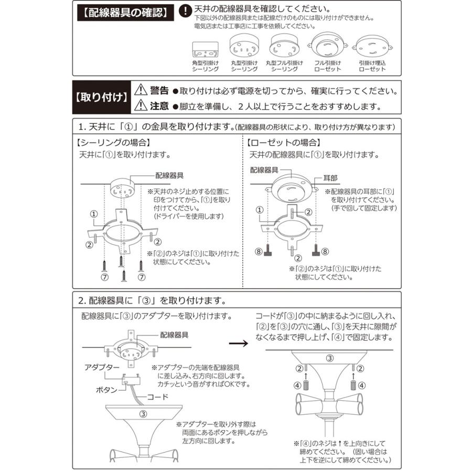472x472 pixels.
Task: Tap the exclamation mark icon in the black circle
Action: [x=185, y=11]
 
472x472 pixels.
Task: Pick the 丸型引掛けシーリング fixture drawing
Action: [x=243, y=48]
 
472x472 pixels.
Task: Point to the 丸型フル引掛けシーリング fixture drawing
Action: [x=284, y=47]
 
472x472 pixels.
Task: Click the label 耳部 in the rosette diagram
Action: [x=331, y=178]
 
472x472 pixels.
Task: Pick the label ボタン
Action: [x=106, y=390]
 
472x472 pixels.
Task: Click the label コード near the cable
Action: [x=157, y=397]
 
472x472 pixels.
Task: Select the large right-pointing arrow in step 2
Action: [x=240, y=344]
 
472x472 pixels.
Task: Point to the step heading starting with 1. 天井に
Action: [x=155, y=127]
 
